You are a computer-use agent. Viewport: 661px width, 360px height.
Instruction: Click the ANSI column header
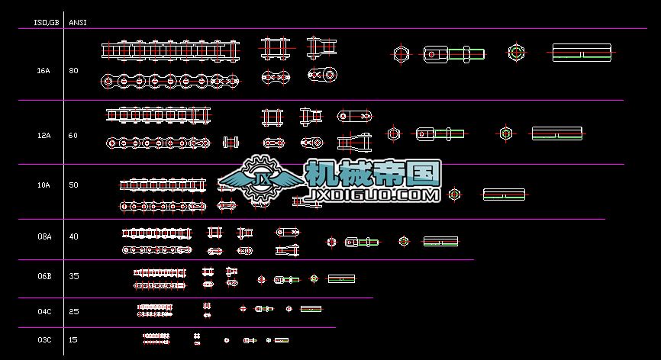click(78, 22)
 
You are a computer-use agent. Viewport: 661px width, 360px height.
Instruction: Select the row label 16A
click(44, 70)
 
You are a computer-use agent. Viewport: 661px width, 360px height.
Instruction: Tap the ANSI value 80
click(73, 70)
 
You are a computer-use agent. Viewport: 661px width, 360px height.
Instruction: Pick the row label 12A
click(44, 135)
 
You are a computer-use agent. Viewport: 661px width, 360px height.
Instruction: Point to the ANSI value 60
click(73, 135)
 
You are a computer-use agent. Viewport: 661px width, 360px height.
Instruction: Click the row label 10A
click(44, 185)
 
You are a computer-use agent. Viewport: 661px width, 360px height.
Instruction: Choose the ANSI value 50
click(73, 185)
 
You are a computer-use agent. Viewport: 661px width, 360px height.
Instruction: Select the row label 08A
click(44, 236)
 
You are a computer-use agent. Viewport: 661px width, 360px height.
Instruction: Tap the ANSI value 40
click(73, 236)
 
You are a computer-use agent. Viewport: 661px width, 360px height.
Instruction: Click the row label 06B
click(44, 276)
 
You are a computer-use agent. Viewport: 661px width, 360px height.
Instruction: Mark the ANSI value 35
click(73, 276)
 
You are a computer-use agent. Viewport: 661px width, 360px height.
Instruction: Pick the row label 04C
click(44, 311)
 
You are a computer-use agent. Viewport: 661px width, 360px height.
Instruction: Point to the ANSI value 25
click(73, 311)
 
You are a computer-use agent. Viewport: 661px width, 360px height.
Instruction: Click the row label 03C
click(44, 339)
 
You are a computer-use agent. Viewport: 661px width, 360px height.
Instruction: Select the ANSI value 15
click(73, 339)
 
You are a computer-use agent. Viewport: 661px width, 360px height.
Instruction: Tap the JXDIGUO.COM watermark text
click(371, 196)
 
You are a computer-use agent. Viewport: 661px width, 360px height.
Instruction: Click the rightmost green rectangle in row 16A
click(582, 53)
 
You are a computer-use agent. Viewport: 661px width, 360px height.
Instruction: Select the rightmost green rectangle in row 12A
click(557, 133)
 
